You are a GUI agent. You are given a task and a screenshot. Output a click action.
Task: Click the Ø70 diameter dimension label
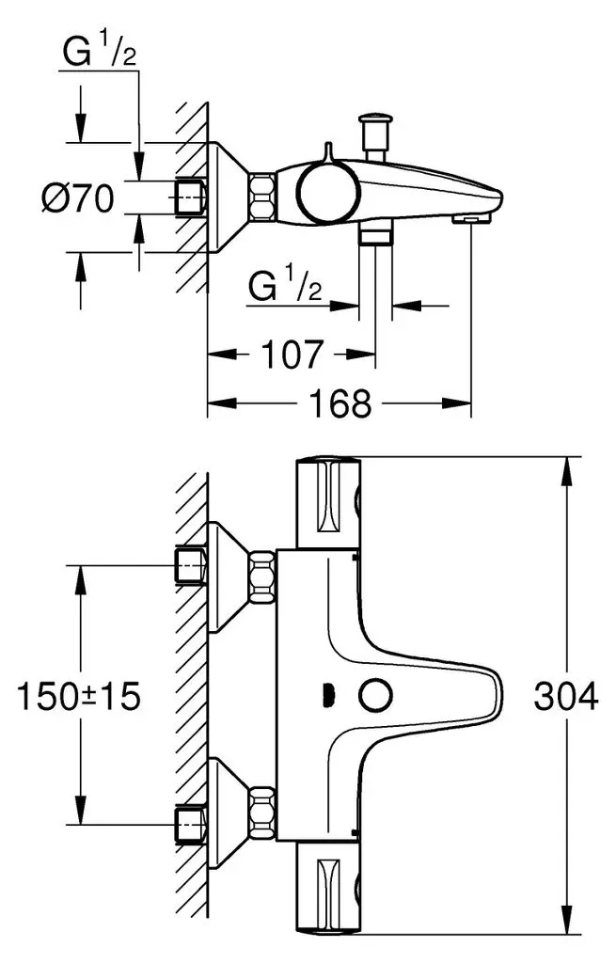[x=78, y=198]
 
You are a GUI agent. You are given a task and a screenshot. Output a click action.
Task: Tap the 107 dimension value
[x=292, y=355]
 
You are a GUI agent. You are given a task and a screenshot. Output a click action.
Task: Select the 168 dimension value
[x=340, y=403]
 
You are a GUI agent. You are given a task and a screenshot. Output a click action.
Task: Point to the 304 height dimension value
[x=565, y=697]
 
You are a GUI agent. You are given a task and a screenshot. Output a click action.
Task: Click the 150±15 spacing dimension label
[x=79, y=697]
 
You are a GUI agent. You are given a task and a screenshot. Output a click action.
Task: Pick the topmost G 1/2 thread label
[x=99, y=52]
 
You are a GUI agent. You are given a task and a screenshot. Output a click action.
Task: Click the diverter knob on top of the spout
[x=375, y=136]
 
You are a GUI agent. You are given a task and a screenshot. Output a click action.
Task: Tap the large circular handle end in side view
[x=327, y=192]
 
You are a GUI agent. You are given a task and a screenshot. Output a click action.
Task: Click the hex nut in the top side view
[x=261, y=196]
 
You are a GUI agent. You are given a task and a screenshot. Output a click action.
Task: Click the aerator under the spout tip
[x=471, y=219]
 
